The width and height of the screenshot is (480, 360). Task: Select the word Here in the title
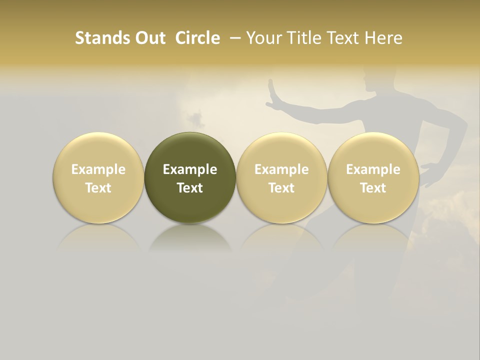point(384,38)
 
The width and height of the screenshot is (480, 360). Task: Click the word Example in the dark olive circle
point(190,169)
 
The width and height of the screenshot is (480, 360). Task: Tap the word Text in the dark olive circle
point(190,188)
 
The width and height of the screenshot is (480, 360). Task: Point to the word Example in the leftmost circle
point(98,169)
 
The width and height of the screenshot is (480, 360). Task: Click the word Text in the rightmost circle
point(373,188)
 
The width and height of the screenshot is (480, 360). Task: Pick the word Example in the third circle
point(281,169)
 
